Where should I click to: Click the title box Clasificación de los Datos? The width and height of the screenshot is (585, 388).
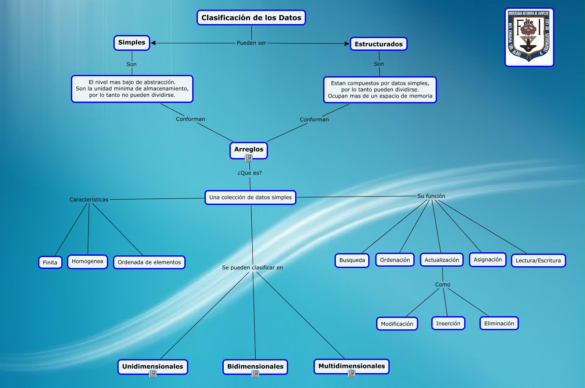point(251,18)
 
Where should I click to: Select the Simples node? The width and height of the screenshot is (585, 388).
point(132,43)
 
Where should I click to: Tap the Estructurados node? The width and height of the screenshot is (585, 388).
point(379,44)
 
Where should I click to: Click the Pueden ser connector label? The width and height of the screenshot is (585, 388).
point(251,43)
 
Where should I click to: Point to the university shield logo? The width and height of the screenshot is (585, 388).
point(529,37)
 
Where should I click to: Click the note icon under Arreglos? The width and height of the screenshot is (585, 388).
point(249,158)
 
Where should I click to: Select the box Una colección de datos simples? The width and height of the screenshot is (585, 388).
point(250,198)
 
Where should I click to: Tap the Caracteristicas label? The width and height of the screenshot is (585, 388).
point(89,200)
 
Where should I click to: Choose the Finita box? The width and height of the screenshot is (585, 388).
point(50,263)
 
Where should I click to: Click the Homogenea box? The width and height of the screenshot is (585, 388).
point(88,261)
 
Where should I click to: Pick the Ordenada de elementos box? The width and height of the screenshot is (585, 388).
point(149,262)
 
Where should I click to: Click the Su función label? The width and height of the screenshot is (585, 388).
point(431,196)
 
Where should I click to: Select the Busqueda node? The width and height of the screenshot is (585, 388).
point(352,260)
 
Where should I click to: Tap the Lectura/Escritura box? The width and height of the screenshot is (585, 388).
point(538,261)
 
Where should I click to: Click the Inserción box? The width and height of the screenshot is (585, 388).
point(448,324)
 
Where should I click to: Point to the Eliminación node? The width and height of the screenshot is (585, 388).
point(499,324)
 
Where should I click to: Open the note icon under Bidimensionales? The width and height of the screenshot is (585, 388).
point(255,374)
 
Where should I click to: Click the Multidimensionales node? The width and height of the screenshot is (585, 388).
point(352,366)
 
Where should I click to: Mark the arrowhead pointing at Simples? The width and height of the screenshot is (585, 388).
point(153,43)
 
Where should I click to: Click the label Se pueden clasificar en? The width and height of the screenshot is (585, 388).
point(253,268)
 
